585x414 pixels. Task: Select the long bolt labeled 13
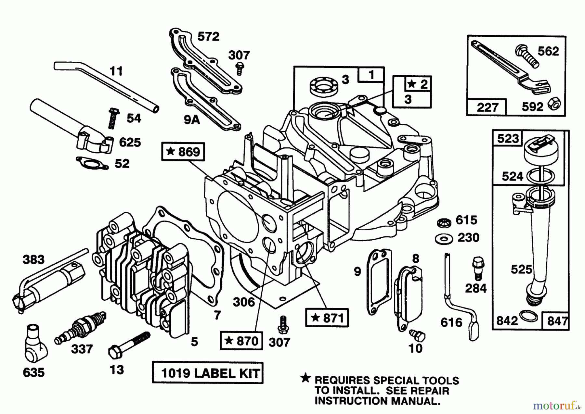click(x=128, y=344)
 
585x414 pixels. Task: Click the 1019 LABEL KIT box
click(x=208, y=373)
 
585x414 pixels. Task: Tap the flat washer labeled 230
click(x=443, y=239)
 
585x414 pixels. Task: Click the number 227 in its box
click(x=487, y=107)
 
